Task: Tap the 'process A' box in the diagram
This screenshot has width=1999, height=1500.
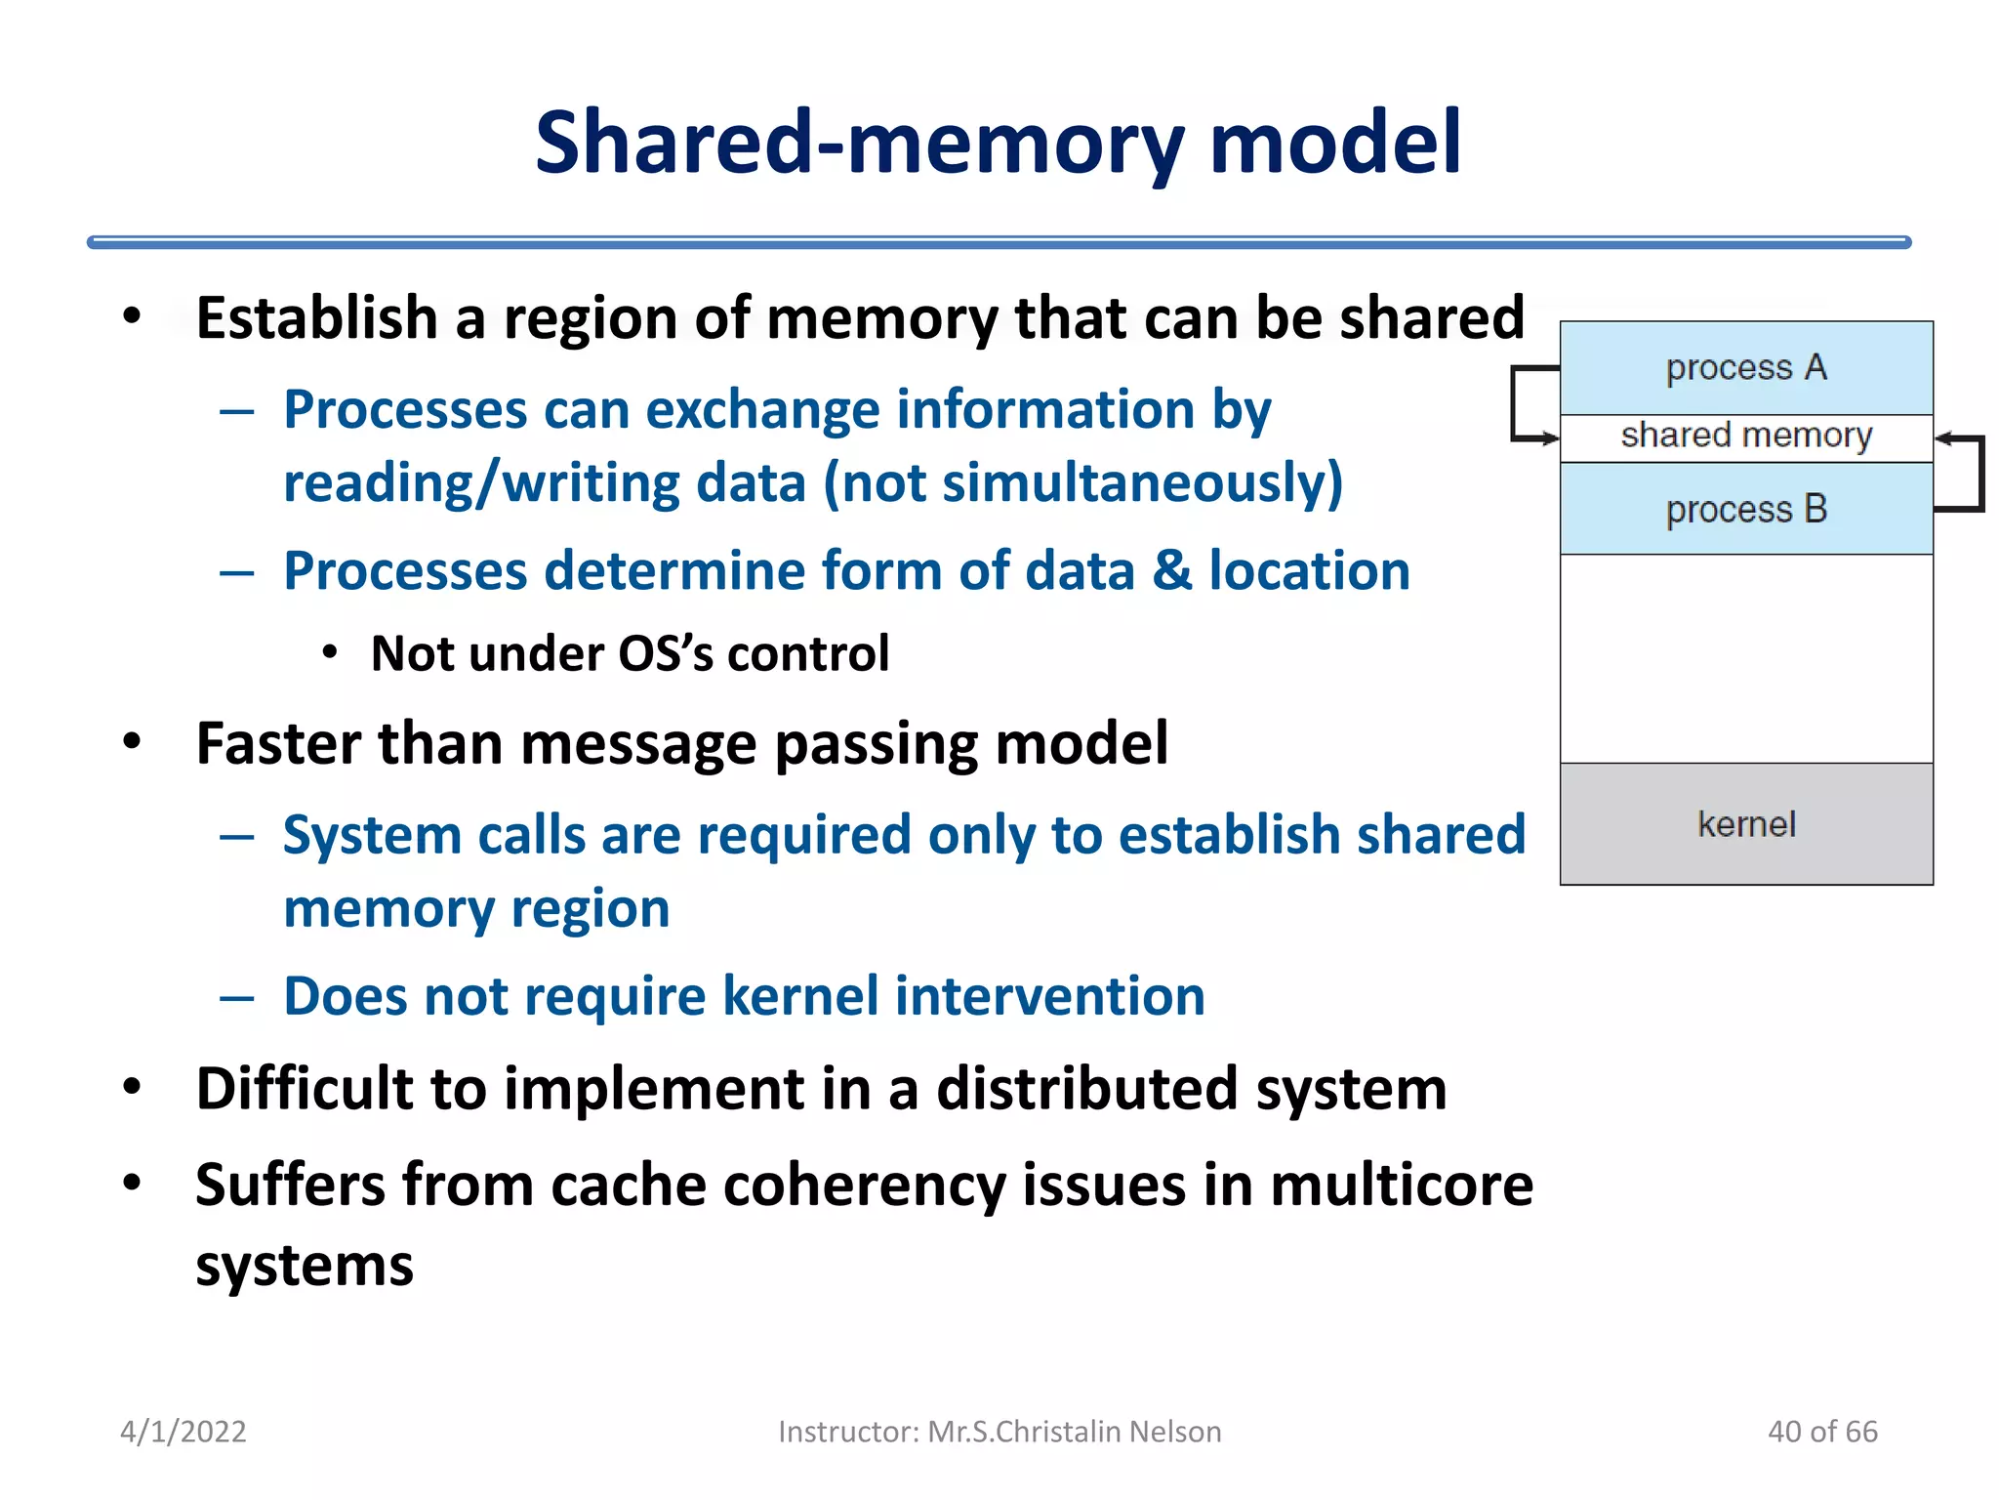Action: pyautogui.click(x=1745, y=368)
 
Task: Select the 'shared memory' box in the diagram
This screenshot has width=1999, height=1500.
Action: pyautogui.click(x=1745, y=436)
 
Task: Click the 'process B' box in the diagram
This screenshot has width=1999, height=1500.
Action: pyautogui.click(x=1745, y=509)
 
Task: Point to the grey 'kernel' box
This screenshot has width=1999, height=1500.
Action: pyautogui.click(x=1745, y=824)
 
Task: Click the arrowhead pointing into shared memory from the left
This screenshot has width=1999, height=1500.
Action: pyautogui.click(x=1551, y=437)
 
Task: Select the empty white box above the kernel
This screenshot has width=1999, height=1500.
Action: pyautogui.click(x=1745, y=658)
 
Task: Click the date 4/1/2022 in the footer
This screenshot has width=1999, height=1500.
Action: pyautogui.click(x=184, y=1431)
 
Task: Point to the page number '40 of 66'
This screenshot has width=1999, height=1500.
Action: pyautogui.click(x=1822, y=1431)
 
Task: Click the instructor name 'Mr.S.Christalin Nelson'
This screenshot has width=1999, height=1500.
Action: pyautogui.click(x=1074, y=1431)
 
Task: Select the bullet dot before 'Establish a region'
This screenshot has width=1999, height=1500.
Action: pyautogui.click(x=132, y=316)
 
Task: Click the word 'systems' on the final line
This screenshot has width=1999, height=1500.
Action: pyautogui.click(x=305, y=1267)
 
